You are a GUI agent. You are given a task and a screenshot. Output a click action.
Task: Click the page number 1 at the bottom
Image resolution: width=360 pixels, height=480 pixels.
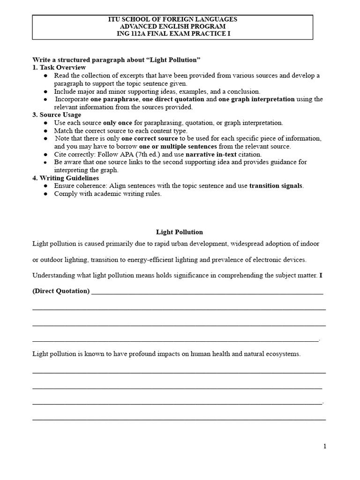click(x=324, y=446)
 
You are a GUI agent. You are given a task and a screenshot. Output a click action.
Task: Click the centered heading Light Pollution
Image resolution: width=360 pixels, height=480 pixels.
click(x=179, y=232)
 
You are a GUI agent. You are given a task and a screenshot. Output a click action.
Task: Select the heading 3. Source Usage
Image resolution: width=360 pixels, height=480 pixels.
click(x=57, y=115)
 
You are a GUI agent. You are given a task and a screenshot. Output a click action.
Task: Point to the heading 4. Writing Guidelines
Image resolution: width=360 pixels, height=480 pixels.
click(x=66, y=178)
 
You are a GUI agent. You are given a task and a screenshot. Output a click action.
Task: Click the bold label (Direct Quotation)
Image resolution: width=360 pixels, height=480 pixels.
click(x=61, y=291)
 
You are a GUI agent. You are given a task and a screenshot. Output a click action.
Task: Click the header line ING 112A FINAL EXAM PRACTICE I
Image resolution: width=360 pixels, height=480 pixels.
click(x=180, y=34)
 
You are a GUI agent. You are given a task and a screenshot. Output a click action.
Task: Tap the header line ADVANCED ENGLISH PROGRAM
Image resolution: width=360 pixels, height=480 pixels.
click(x=180, y=27)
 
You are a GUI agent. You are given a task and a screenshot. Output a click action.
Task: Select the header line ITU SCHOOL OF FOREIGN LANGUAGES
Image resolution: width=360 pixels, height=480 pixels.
click(x=180, y=19)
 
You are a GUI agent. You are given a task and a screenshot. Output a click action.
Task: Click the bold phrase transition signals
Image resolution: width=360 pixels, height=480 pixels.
click(x=276, y=186)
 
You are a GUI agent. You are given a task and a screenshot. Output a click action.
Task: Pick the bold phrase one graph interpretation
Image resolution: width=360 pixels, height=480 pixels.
click(x=256, y=99)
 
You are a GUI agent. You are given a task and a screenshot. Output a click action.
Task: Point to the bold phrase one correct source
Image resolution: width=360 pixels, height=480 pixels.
click(x=150, y=138)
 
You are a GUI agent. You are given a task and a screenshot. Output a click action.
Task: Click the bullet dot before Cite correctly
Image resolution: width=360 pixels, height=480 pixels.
click(x=45, y=154)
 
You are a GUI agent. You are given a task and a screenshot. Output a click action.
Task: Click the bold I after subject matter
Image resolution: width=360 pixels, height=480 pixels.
click(x=321, y=275)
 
